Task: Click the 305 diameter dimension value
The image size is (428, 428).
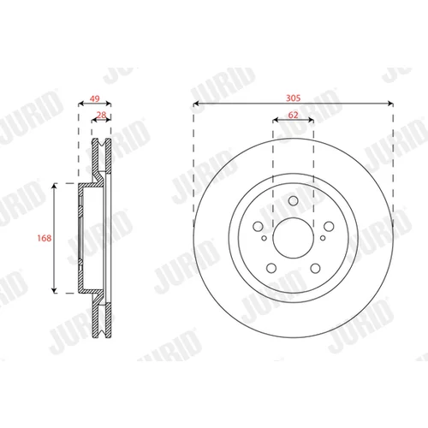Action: click(293, 98)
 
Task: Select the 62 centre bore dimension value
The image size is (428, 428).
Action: click(293, 115)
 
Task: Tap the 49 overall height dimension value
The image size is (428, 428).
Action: click(95, 98)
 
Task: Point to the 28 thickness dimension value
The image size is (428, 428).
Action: click(101, 115)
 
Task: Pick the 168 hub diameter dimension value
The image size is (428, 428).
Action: click(45, 238)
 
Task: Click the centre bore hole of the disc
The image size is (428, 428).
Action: click(294, 238)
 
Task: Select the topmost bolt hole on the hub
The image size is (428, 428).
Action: click(294, 200)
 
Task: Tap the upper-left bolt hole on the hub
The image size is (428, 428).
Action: click(258, 226)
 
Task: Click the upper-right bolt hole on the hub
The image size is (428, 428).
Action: click(329, 226)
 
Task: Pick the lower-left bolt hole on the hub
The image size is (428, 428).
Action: click(271, 268)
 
